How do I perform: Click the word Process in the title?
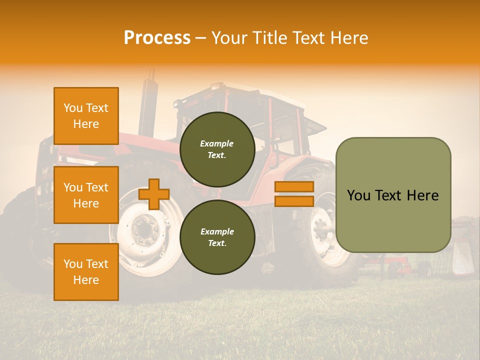point(157,38)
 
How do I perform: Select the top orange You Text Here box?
point(86,116)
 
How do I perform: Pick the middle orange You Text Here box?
point(86,195)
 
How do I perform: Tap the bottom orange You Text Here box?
point(86,272)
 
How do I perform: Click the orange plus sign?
point(154,194)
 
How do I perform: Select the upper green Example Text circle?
point(217,149)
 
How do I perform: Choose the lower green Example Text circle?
point(217,237)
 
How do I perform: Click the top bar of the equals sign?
point(294,187)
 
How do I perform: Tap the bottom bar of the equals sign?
point(294,201)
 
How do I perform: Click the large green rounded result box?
point(393,195)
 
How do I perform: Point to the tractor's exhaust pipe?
point(148,100)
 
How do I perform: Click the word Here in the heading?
point(347,38)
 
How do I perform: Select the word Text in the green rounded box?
point(391,195)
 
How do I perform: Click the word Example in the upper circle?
point(217,143)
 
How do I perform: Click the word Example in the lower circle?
point(217,231)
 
